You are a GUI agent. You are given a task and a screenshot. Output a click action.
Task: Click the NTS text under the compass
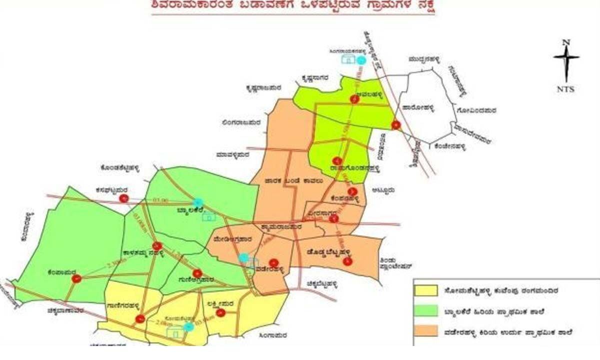pos(565,89)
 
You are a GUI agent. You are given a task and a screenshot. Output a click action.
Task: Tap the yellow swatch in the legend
pos(426,290)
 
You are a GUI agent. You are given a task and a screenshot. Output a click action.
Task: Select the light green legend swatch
pos(426,312)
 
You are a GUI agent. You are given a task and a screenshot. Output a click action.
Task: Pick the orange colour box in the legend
pos(426,332)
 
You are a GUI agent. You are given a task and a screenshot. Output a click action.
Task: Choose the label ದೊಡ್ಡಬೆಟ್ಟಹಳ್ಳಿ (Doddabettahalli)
pos(325,253)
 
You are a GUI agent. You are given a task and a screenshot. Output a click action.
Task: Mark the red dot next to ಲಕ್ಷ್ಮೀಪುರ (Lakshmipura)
pos(220,313)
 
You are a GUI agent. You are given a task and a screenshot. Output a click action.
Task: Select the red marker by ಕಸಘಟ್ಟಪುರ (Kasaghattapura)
pos(123,199)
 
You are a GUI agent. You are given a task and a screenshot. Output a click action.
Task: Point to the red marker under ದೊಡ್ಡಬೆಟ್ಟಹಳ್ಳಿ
pos(348,260)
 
